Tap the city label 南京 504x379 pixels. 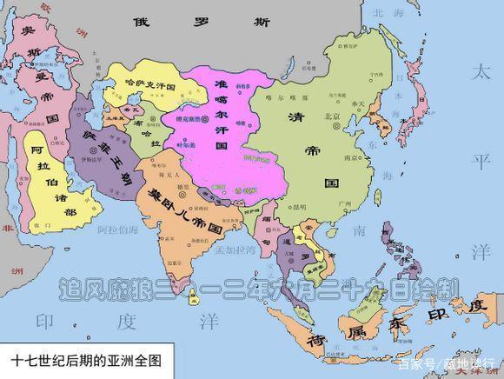(x=351, y=159)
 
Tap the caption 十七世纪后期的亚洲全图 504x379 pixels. (x=87, y=359)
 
